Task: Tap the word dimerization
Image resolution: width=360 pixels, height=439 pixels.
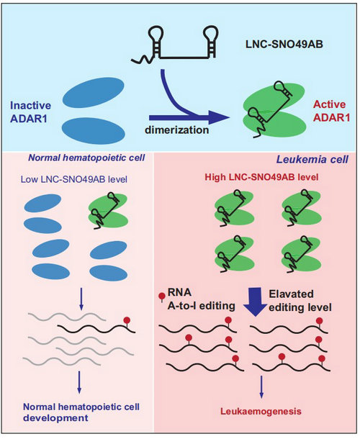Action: (x=177, y=130)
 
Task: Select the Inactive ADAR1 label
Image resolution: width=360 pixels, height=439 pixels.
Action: (x=30, y=112)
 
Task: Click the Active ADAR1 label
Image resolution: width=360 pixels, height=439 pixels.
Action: (x=332, y=111)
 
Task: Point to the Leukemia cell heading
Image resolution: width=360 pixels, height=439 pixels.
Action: (x=312, y=160)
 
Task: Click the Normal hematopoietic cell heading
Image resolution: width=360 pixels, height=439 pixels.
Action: (x=86, y=158)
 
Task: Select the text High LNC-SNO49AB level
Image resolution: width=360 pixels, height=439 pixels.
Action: (x=261, y=177)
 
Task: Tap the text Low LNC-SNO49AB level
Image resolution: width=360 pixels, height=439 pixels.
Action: (x=74, y=179)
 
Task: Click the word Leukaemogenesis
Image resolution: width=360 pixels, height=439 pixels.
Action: (x=261, y=411)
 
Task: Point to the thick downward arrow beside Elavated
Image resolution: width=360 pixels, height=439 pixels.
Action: (x=256, y=302)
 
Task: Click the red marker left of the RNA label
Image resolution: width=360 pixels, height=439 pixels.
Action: (x=162, y=297)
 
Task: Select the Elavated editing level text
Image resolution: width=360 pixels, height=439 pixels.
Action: (x=300, y=301)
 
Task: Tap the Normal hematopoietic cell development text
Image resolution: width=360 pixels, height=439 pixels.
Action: (x=81, y=412)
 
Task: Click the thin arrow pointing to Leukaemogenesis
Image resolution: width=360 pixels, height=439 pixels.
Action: (x=261, y=386)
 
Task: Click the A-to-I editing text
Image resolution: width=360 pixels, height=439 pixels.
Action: (x=201, y=306)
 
